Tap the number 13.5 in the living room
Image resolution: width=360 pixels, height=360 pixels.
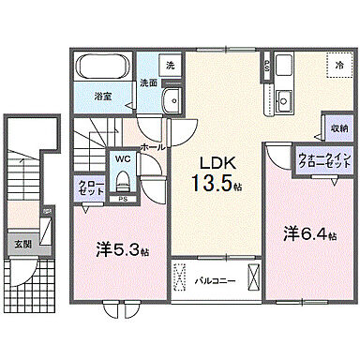210,182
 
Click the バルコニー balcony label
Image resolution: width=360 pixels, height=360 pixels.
213,279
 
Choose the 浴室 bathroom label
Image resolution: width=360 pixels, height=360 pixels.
103,95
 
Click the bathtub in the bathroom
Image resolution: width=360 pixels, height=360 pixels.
103,68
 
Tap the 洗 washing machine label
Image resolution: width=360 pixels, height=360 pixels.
170,66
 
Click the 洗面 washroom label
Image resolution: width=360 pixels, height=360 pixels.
148,82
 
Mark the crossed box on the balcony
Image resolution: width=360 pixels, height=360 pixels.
250,279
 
